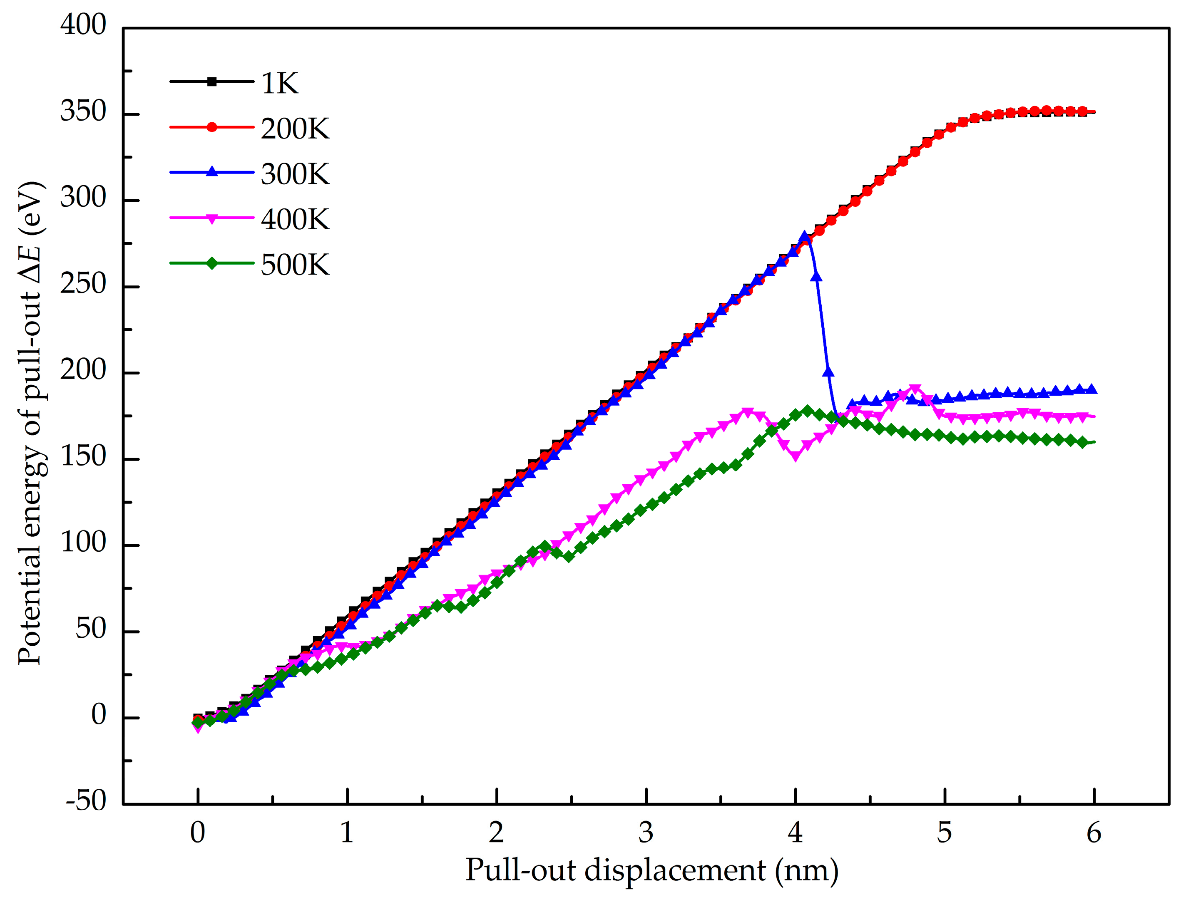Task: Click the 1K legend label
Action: click(x=279, y=83)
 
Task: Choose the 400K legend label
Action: click(x=295, y=219)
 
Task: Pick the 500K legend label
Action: click(x=295, y=265)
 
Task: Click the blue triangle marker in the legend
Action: click(x=212, y=172)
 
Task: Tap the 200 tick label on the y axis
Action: click(x=83, y=370)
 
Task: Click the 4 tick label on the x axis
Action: click(x=796, y=833)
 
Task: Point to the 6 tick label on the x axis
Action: click(x=1094, y=833)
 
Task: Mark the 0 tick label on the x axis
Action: click(x=198, y=833)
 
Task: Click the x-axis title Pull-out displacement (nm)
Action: click(x=651, y=870)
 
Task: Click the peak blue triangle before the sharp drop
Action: click(x=804, y=238)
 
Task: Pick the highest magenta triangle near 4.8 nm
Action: click(x=915, y=389)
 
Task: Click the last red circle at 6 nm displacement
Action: click(x=1083, y=112)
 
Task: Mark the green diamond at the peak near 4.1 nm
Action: click(x=807, y=411)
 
